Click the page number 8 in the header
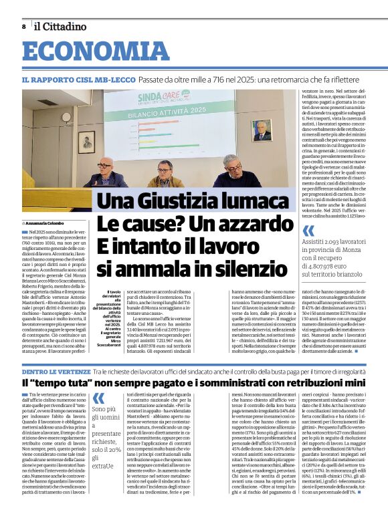point(23,26)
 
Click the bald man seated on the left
point(105,172)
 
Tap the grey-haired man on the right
point(231,172)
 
